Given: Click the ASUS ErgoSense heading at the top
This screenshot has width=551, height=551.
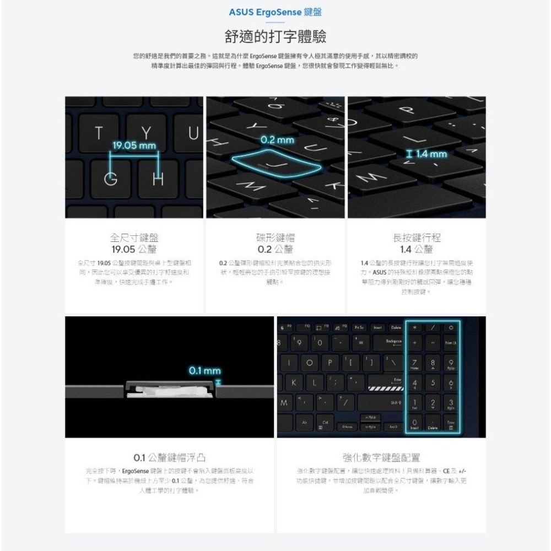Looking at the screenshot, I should (x=275, y=13).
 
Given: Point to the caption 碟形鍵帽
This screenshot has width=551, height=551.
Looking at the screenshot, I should (x=275, y=238).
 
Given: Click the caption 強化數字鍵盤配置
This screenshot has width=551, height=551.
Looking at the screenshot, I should (x=381, y=458).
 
